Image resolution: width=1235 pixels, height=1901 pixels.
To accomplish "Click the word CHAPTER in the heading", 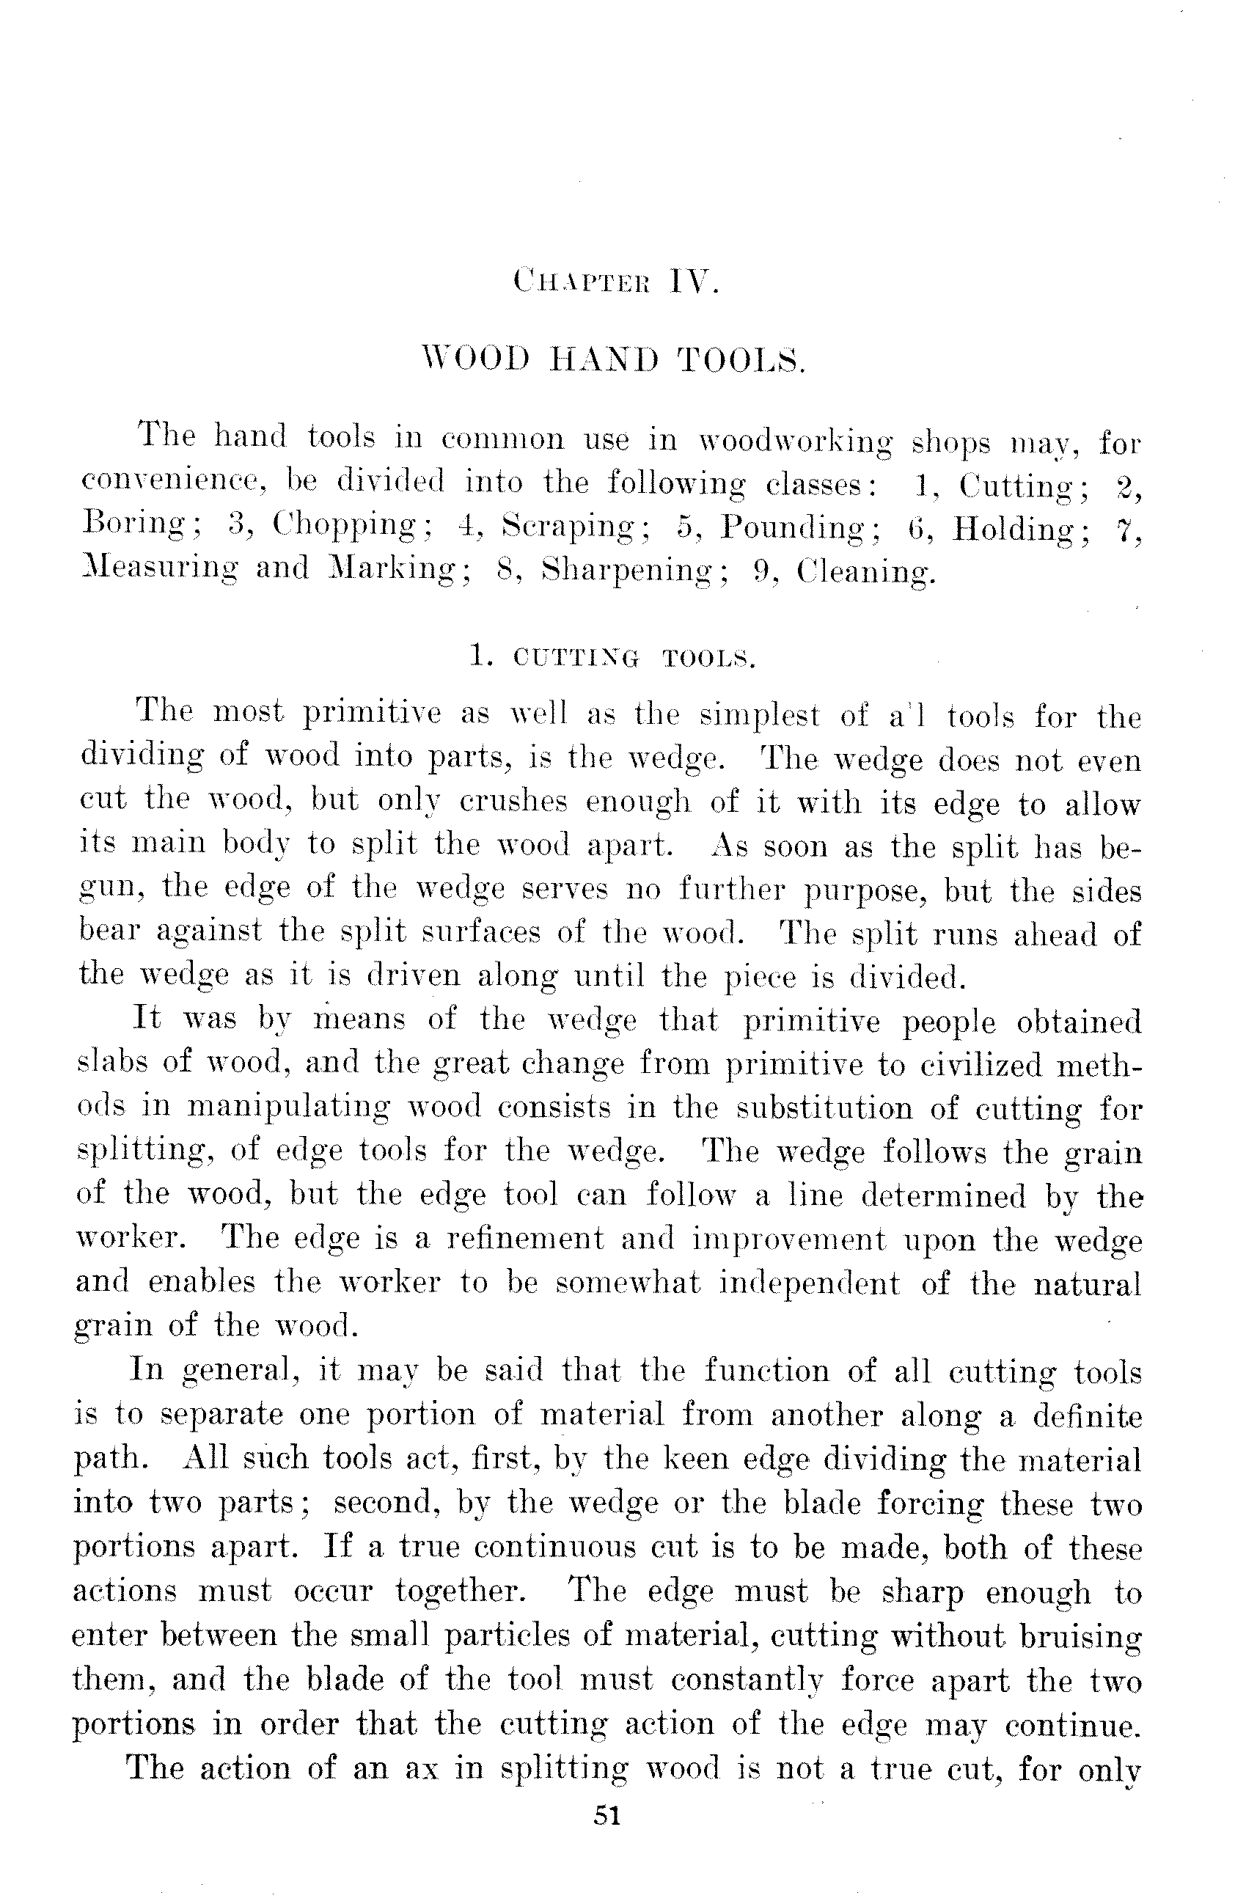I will point(583,283).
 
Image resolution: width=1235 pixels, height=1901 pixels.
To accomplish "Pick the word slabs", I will point(109,1061).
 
